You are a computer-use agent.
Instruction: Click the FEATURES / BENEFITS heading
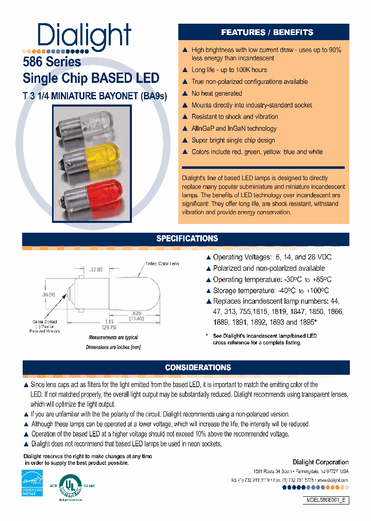(x=267, y=32)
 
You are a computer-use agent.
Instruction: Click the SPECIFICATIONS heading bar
(x=187, y=239)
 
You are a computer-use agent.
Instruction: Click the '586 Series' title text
(x=52, y=62)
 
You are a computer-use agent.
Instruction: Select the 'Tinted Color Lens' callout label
(x=162, y=264)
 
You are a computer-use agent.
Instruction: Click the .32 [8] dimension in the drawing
(x=96, y=269)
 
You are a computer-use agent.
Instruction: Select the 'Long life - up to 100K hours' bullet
(x=229, y=70)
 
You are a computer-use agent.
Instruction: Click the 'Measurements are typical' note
(x=113, y=338)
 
